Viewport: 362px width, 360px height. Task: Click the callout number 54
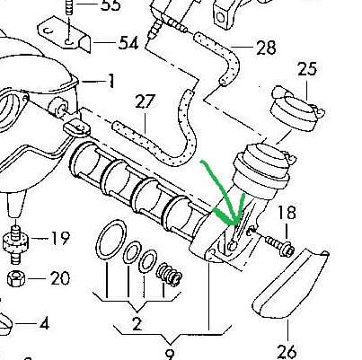(x=129, y=43)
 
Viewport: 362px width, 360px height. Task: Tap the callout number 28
(x=266, y=48)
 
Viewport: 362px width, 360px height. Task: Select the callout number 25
(x=307, y=69)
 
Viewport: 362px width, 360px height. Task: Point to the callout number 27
(x=146, y=101)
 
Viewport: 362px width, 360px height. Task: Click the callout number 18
(x=287, y=213)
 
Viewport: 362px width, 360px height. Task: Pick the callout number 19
(x=61, y=238)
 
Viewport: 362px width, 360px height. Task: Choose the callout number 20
(x=60, y=278)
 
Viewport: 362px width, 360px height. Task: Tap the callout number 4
(x=44, y=323)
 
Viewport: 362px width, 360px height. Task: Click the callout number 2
(x=137, y=323)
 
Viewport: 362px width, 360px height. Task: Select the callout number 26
(x=287, y=352)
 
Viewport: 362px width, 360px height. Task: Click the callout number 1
(x=110, y=81)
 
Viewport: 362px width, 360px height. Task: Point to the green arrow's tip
(x=236, y=224)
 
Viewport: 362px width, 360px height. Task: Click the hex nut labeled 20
(x=16, y=278)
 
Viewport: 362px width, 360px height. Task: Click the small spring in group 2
(x=169, y=275)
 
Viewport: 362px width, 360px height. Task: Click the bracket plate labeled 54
(x=65, y=34)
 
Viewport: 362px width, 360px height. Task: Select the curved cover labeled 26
(x=290, y=284)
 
